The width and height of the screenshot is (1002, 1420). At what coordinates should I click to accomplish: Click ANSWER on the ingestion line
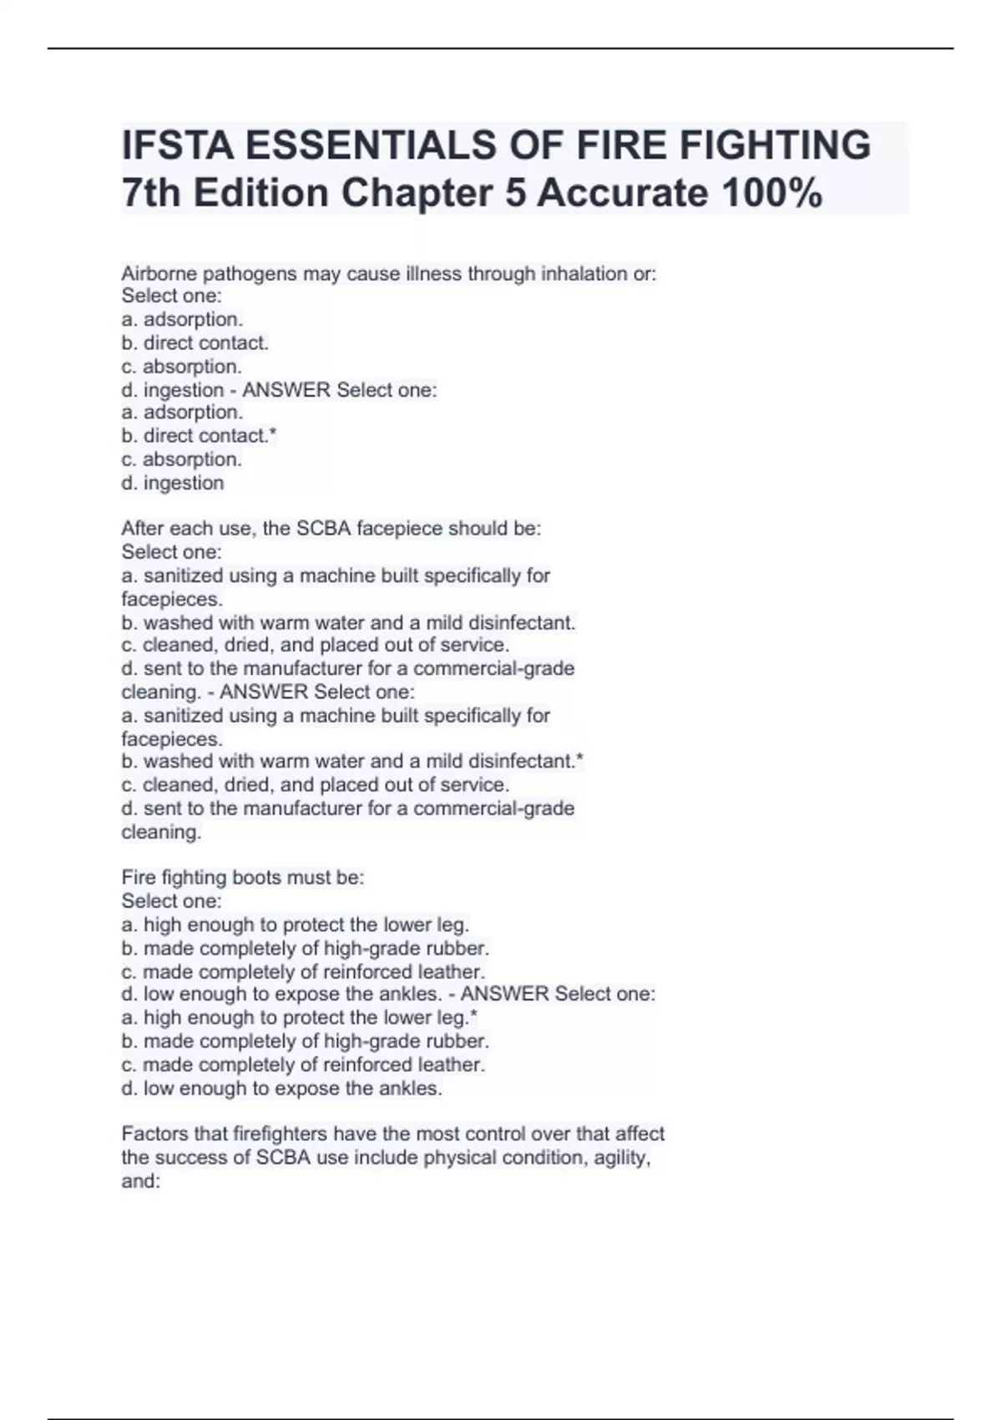[286, 390]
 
